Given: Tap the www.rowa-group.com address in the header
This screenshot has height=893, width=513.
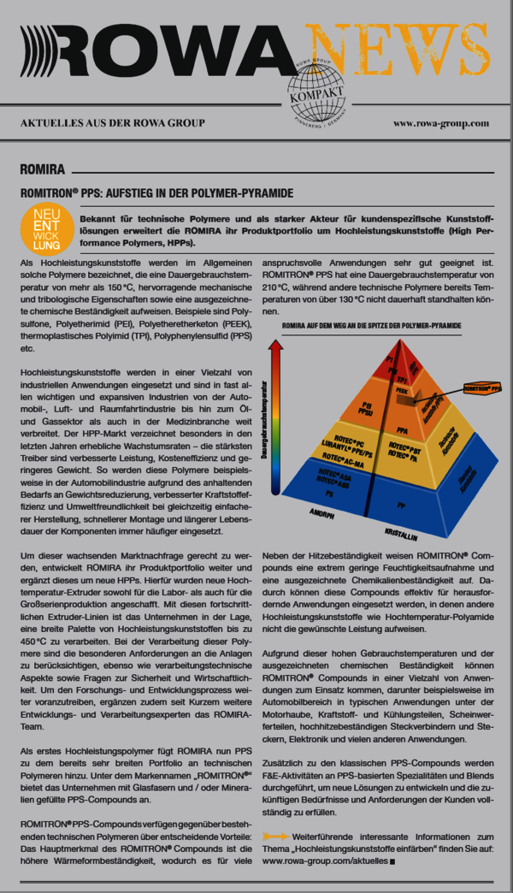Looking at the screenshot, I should [440, 123].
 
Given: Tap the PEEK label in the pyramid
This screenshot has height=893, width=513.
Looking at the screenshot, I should [401, 389].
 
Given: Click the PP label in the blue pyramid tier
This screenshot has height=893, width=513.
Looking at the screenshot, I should [401, 481].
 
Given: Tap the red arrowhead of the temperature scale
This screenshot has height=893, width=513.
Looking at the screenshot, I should [275, 346].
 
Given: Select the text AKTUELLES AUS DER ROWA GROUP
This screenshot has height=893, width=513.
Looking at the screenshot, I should [113, 123].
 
